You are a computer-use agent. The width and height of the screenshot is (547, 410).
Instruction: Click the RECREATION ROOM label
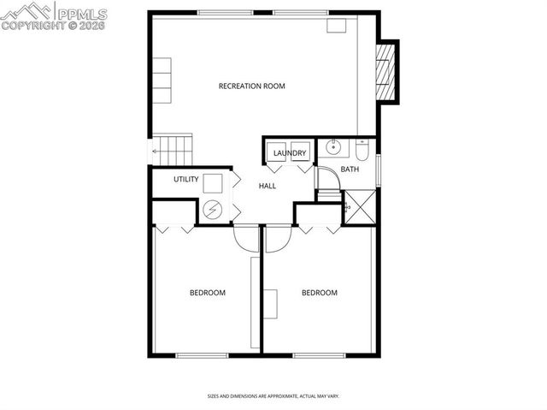click(251, 86)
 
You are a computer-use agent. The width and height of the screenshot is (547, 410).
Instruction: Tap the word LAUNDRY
click(290, 153)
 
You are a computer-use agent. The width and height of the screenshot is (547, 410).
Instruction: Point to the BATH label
click(350, 169)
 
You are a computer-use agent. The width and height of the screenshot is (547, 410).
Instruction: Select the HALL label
click(268, 186)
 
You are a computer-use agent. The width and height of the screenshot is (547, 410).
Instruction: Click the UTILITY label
click(186, 179)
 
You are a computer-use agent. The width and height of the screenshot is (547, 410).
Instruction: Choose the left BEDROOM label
click(207, 293)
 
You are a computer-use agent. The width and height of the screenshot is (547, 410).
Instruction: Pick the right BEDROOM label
click(320, 293)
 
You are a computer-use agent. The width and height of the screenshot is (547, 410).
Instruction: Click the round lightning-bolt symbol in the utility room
click(213, 208)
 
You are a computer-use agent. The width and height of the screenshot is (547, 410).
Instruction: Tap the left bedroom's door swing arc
click(245, 238)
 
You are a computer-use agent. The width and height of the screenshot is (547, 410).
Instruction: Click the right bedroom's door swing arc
click(275, 240)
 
